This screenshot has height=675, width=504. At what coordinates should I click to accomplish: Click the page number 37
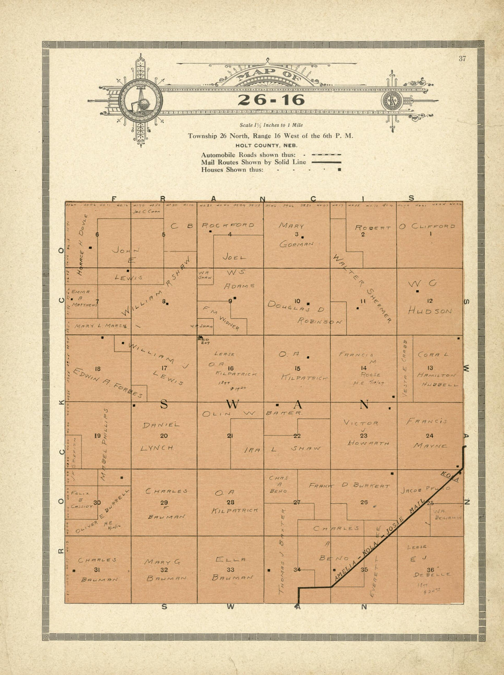[462, 58]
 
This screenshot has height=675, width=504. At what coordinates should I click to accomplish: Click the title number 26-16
[271, 100]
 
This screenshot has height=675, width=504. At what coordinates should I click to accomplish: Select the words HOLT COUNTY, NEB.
[269, 145]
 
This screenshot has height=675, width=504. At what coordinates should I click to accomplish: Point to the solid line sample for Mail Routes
[326, 162]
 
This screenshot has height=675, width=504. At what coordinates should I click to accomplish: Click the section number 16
[230, 368]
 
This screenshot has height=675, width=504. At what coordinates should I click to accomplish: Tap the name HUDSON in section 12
[430, 311]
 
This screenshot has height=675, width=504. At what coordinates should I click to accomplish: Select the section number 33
[230, 570]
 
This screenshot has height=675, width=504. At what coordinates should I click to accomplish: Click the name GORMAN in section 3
[296, 245]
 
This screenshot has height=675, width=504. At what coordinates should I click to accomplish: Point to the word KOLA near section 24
[449, 475]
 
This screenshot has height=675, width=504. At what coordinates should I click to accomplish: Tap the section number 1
[430, 234]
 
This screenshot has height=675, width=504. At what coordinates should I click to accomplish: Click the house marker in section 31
[74, 570]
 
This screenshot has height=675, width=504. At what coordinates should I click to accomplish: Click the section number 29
[164, 502]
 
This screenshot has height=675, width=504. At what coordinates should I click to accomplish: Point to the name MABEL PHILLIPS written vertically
[104, 444]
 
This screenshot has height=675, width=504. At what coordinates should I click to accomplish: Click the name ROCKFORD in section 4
[228, 225]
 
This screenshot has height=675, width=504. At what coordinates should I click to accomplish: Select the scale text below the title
[271, 125]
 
